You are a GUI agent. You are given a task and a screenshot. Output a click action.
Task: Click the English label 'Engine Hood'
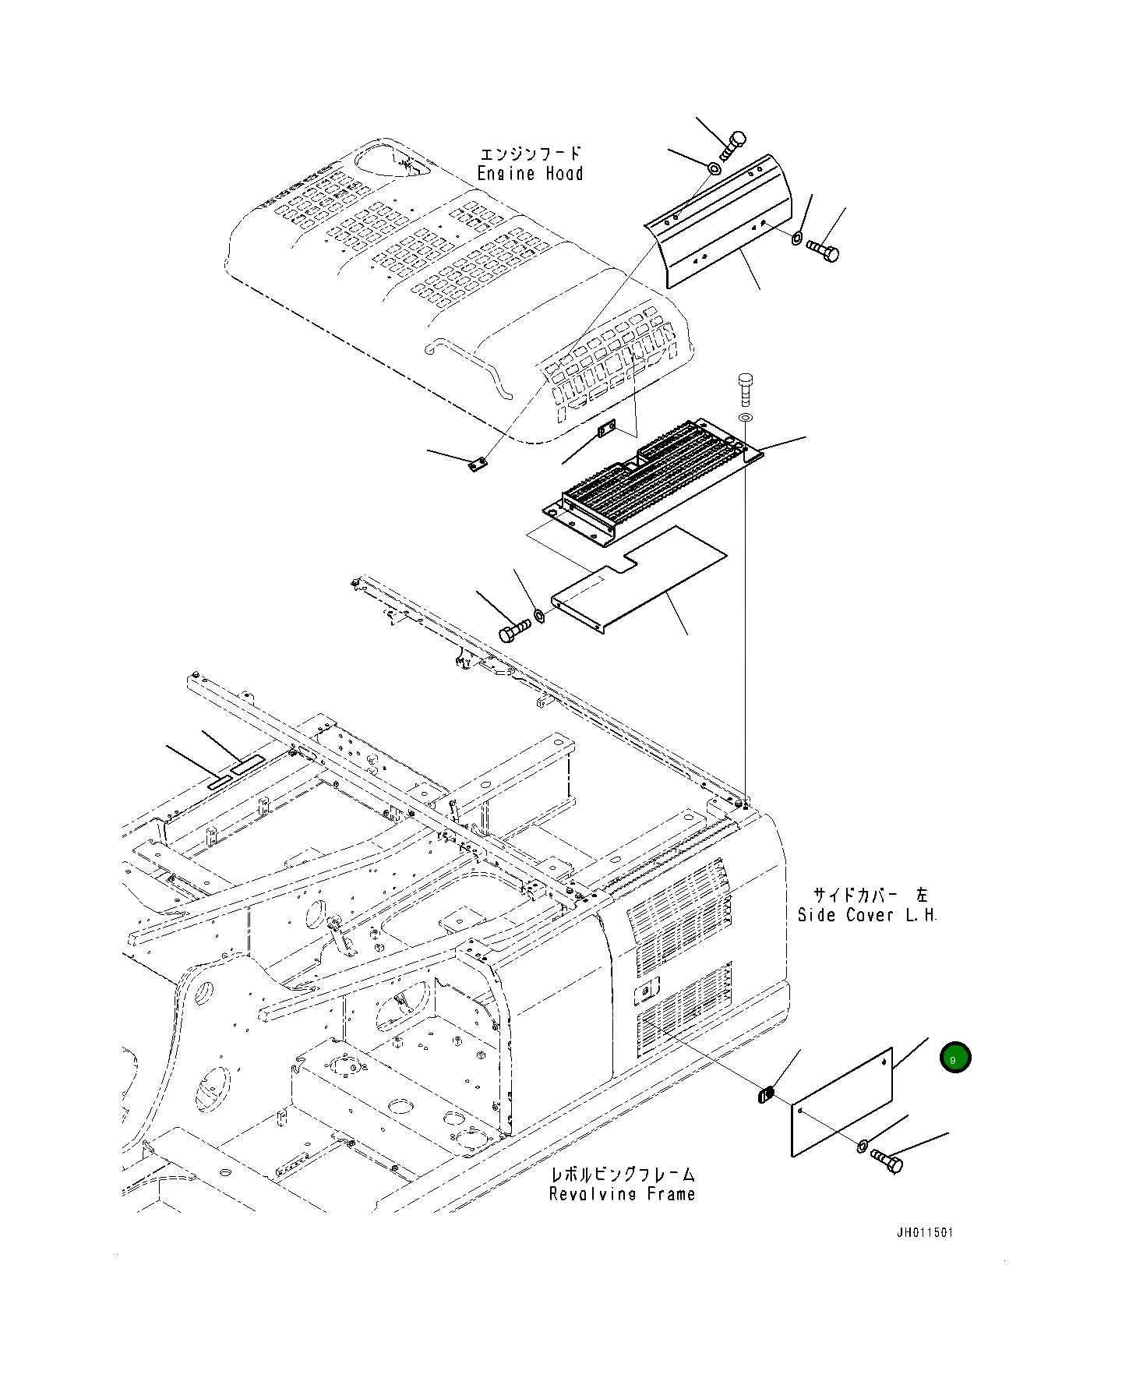[x=530, y=174]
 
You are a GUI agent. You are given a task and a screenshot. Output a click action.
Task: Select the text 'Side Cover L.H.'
[x=866, y=915]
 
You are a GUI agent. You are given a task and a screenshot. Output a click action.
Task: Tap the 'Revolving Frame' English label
[x=622, y=1194]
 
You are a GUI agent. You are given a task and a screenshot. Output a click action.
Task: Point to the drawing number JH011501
[x=924, y=1255]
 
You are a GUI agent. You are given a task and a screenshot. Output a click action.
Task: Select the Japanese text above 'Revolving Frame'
[x=623, y=1175]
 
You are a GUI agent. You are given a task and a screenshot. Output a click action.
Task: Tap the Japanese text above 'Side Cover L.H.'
[x=870, y=896]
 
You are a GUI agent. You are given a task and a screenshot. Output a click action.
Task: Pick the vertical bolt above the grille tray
[x=745, y=387]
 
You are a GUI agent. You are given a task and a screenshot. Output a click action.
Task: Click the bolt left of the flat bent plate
[x=513, y=630]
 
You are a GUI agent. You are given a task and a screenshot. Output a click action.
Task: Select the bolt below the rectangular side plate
[x=887, y=1162]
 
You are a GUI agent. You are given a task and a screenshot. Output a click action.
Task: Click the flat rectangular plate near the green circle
[x=841, y=1101]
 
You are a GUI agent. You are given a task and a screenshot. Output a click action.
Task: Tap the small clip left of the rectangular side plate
[x=764, y=1096]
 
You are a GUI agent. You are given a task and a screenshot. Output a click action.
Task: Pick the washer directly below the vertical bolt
[x=746, y=419]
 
